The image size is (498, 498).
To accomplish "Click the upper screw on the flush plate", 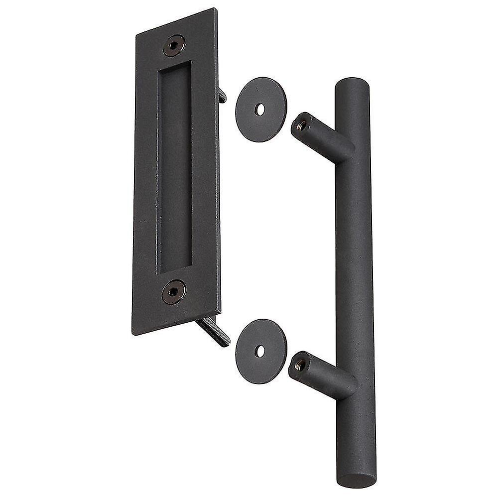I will (174, 45).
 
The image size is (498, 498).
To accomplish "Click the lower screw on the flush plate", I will (173, 292).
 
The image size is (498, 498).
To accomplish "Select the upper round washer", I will (261, 110).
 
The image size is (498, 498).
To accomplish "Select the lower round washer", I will (261, 351).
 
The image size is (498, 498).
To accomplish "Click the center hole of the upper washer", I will (260, 110).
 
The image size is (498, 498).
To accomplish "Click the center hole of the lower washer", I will (260, 351).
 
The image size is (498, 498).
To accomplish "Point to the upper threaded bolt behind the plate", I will (222, 95).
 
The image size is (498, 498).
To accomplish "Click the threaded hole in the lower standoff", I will (300, 366).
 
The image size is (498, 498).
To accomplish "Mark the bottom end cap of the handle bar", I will (357, 480).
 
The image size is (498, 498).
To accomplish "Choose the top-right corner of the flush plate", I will (216, 9).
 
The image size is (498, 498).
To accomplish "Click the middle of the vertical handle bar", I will (355, 279).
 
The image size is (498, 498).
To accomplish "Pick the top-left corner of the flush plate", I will (137, 34).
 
